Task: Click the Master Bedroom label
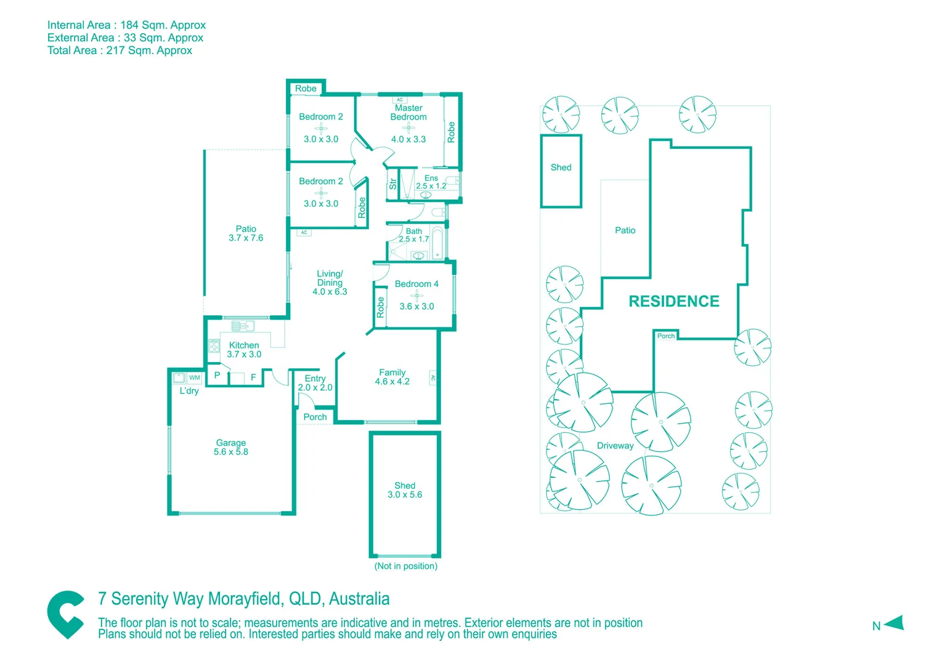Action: coord(408,113)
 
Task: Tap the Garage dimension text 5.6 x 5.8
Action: coord(231,452)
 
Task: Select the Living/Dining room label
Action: coord(330,278)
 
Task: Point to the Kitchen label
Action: coord(244,345)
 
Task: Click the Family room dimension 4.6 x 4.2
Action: coord(392,382)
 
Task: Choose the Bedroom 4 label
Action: coord(416,284)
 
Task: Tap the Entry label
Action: coord(315,379)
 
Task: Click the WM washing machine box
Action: coord(195,378)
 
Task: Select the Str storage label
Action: coord(392,183)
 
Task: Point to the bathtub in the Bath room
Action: coord(437,244)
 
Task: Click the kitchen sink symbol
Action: coord(242,326)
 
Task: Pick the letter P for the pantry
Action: coord(217,375)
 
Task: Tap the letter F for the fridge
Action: coord(253,377)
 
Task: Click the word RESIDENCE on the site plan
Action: coord(673,301)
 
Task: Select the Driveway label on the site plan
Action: coord(615,446)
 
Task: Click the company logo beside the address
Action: coord(66,615)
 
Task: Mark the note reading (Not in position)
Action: coord(405,566)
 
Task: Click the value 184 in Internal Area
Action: coord(129,25)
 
